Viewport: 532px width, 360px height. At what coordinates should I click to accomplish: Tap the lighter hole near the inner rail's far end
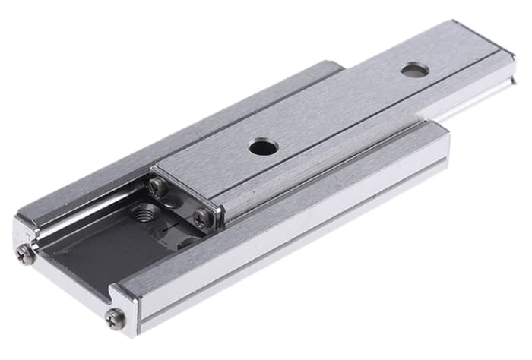point(413,71)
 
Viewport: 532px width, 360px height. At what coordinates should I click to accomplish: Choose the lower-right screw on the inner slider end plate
point(203,218)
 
